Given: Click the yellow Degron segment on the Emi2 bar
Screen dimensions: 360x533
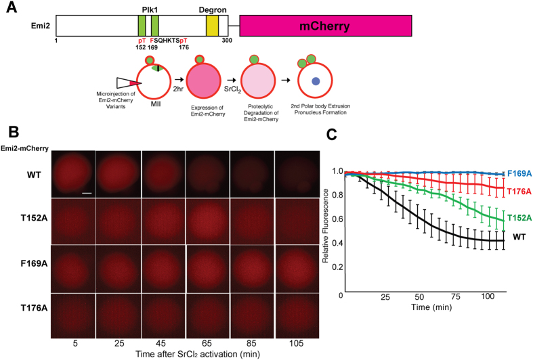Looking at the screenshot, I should pyautogui.click(x=212, y=26).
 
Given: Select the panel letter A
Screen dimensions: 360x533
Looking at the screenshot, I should pyautogui.click(x=10, y=8).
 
